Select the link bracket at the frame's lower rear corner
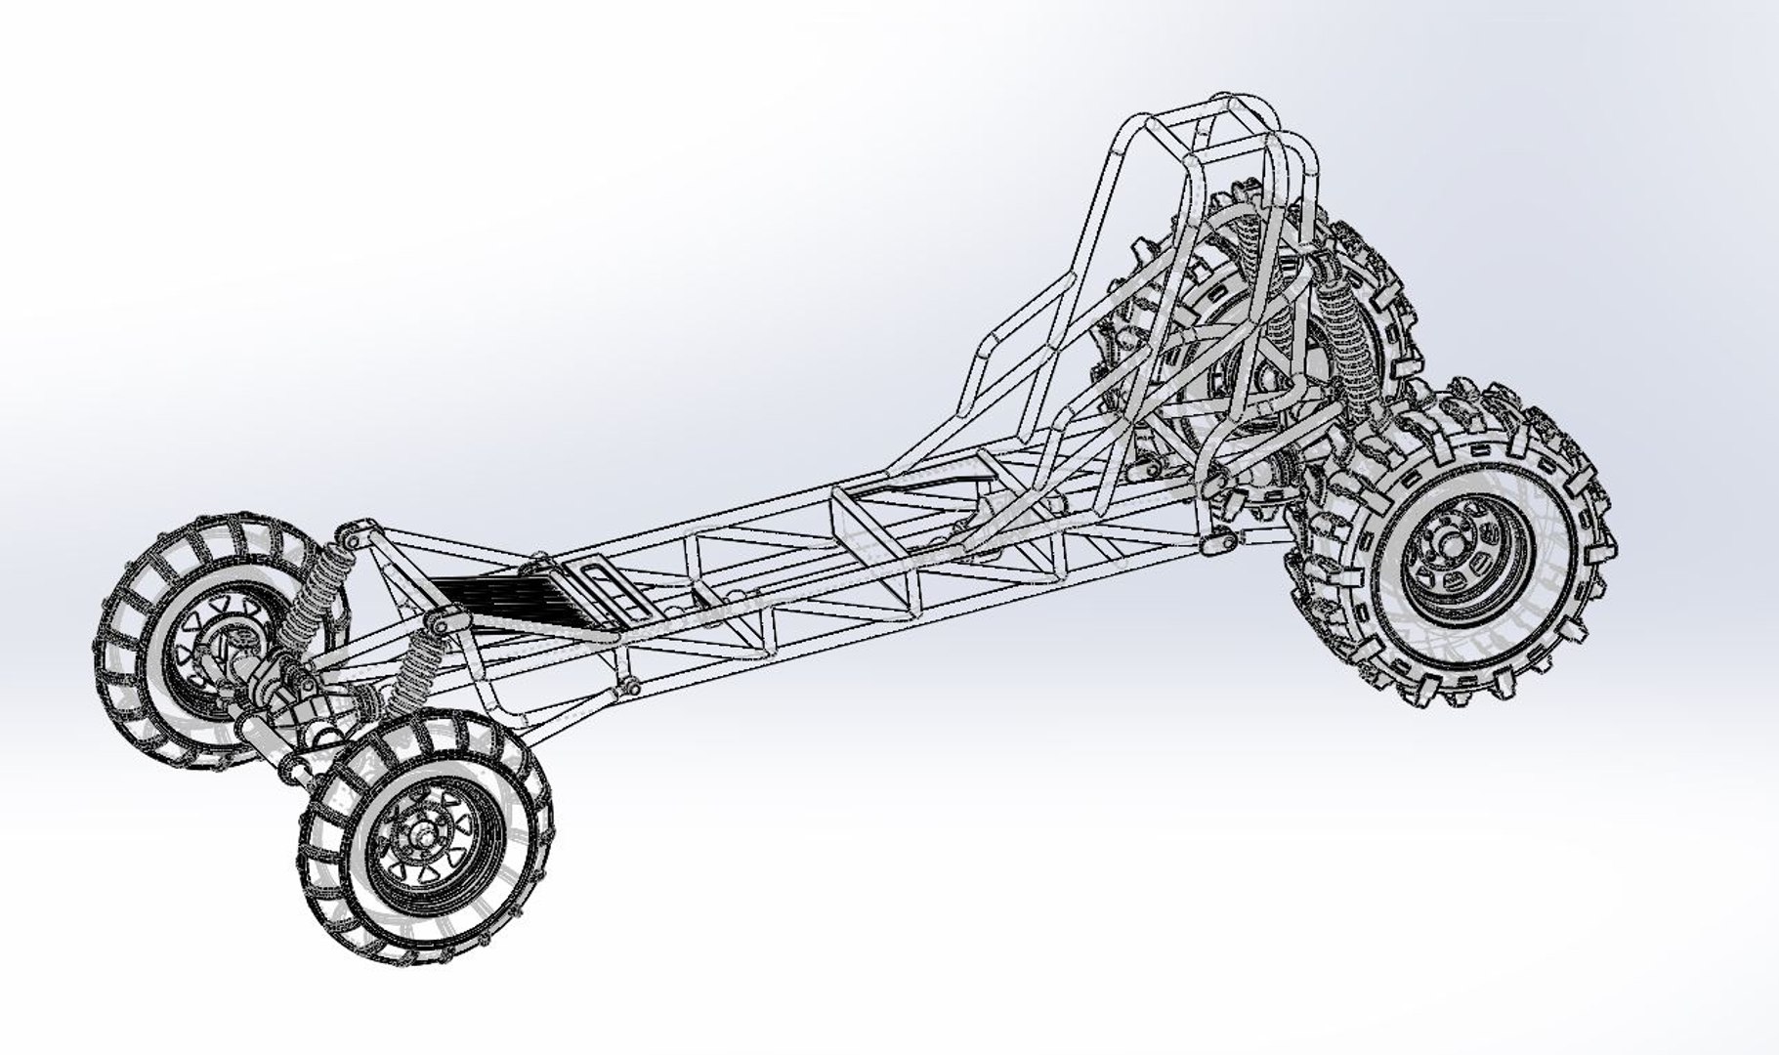1217,536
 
